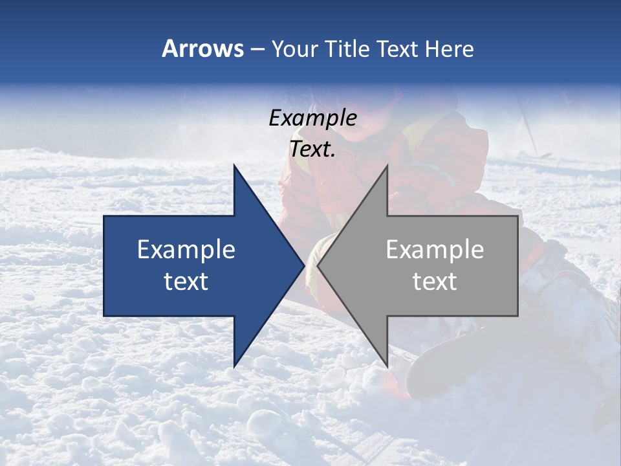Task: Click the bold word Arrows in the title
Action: click(202, 49)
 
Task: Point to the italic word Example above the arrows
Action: click(312, 118)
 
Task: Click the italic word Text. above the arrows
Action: click(312, 150)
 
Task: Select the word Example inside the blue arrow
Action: click(186, 250)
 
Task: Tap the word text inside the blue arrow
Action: click(186, 282)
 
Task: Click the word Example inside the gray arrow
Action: click(435, 250)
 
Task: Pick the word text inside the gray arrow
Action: click(435, 282)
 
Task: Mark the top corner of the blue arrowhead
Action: click(234, 166)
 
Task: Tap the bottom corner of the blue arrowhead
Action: click(234, 366)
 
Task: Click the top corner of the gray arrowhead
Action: click(387, 166)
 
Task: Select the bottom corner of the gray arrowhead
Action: click(387, 366)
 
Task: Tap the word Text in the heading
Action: click(398, 49)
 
